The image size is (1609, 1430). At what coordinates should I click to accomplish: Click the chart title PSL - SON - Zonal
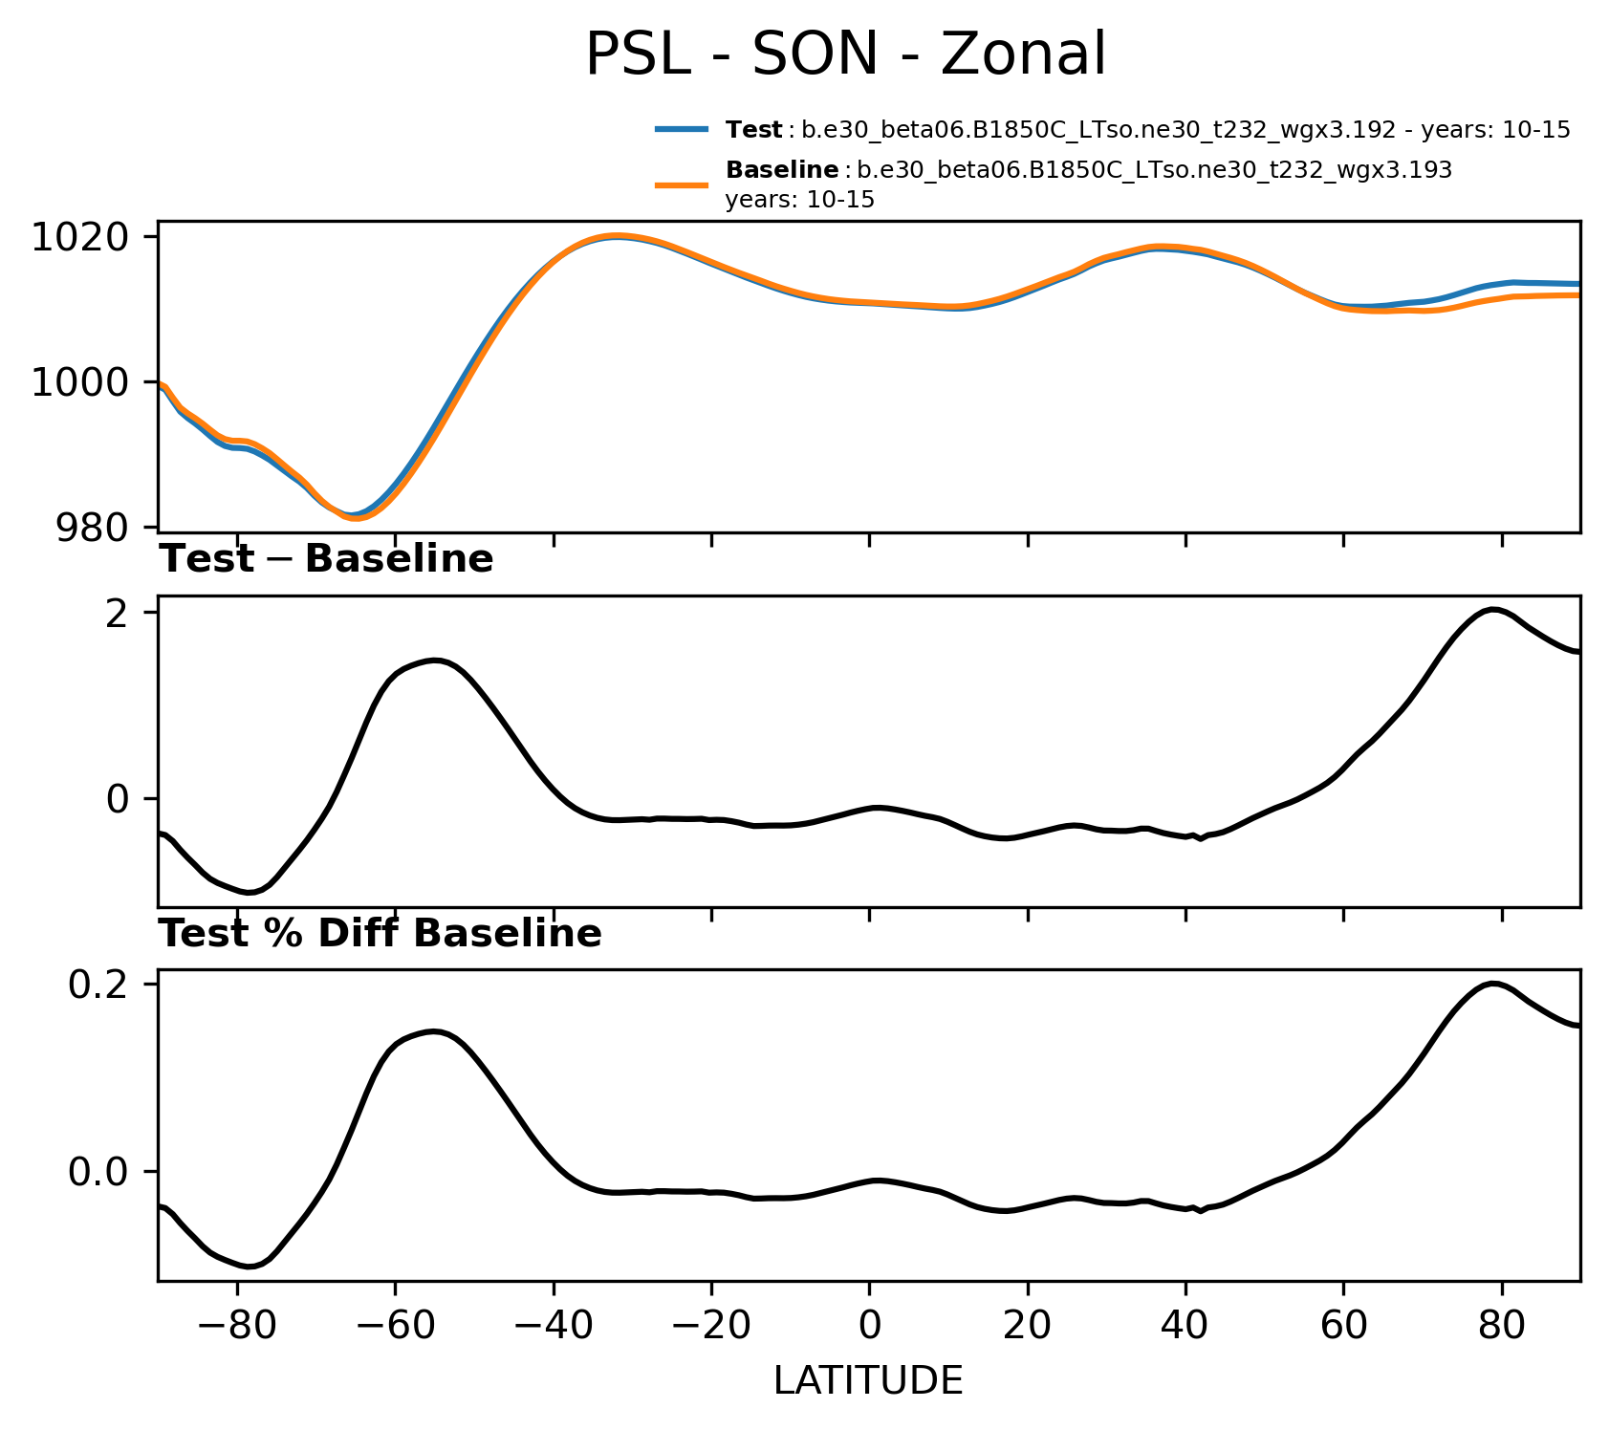tap(845, 54)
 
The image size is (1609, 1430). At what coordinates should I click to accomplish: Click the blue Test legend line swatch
tap(682, 129)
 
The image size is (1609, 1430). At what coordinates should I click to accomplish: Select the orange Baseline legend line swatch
tap(682, 184)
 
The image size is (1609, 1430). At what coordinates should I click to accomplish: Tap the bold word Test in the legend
tap(754, 130)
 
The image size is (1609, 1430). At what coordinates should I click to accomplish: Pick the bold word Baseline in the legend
tap(782, 170)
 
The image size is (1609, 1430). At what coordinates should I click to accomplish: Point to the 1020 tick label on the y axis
tap(80, 237)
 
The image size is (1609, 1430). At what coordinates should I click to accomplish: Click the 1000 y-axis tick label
tap(80, 382)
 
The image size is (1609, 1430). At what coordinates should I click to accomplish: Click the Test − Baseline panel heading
tap(326, 559)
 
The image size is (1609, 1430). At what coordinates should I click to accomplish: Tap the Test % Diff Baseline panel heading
tap(380, 934)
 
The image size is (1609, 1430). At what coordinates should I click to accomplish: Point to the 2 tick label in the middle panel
tap(118, 613)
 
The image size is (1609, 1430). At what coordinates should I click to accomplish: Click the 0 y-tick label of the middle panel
tap(118, 799)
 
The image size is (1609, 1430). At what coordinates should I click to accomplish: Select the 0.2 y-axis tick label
tap(98, 985)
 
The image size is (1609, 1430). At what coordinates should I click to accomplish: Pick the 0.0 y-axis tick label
tap(98, 1172)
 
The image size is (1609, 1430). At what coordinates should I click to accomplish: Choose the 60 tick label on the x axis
tap(1343, 1325)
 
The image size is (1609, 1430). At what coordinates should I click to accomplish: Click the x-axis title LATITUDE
tap(868, 1381)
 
